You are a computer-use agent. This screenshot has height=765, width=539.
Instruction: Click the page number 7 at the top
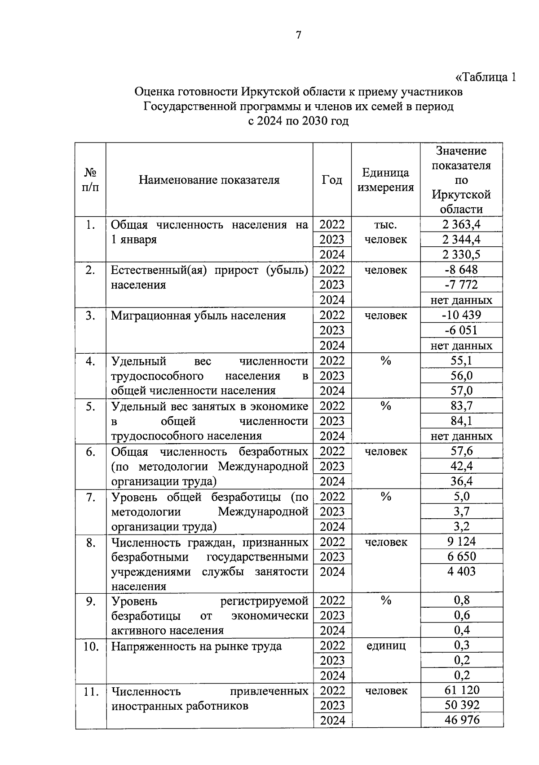(298, 35)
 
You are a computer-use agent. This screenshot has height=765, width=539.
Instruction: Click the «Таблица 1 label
(485, 77)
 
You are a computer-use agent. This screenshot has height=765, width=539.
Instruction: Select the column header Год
(332, 180)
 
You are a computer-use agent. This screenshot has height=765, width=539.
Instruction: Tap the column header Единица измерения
(385, 180)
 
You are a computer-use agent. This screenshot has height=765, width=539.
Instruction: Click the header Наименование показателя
(209, 180)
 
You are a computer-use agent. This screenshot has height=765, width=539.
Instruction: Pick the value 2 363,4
(461, 224)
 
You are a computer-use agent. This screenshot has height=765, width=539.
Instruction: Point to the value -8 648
(461, 270)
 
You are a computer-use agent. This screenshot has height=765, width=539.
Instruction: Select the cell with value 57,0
(461, 390)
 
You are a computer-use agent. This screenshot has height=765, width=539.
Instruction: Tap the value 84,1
(461, 421)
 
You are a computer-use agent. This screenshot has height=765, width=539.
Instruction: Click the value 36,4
(461, 481)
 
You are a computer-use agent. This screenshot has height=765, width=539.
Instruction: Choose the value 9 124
(461, 542)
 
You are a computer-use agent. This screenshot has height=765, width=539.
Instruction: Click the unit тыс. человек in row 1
(385, 232)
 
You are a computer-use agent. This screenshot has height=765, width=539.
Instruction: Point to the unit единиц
(385, 645)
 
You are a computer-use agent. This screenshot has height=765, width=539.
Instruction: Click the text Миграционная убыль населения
(198, 316)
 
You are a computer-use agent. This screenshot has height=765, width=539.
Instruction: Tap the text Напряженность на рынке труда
(196, 646)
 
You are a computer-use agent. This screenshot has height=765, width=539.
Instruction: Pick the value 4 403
(461, 571)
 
